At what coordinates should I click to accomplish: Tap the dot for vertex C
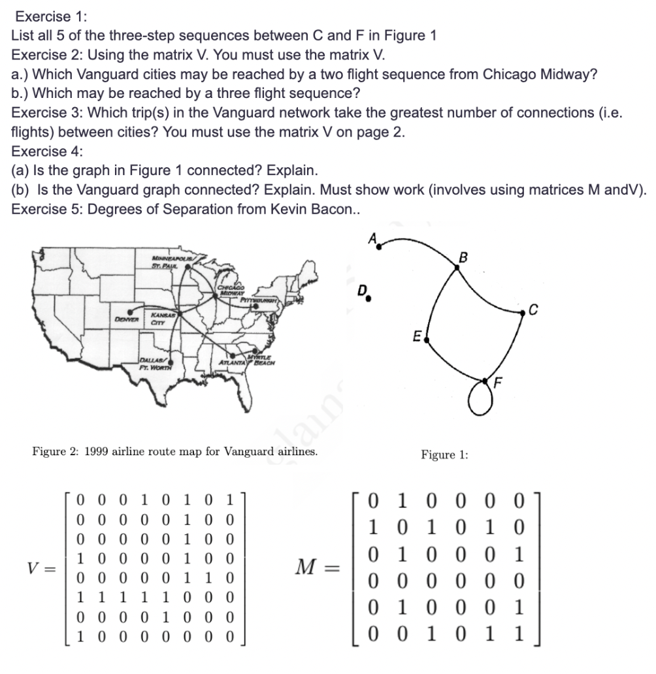(522, 314)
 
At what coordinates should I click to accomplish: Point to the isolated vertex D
(369, 302)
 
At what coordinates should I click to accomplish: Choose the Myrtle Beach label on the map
(263, 361)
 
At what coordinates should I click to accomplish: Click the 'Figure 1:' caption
(444, 455)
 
